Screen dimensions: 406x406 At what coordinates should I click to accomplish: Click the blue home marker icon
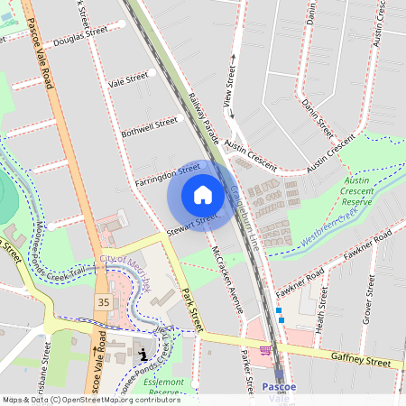pyautogui.click(x=203, y=195)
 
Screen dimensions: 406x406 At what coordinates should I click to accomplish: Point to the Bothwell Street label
pyautogui.click(x=150, y=127)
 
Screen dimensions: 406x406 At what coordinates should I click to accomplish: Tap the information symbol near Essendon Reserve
pyautogui.click(x=143, y=355)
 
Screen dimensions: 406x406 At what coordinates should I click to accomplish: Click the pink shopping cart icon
pyautogui.click(x=265, y=349)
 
